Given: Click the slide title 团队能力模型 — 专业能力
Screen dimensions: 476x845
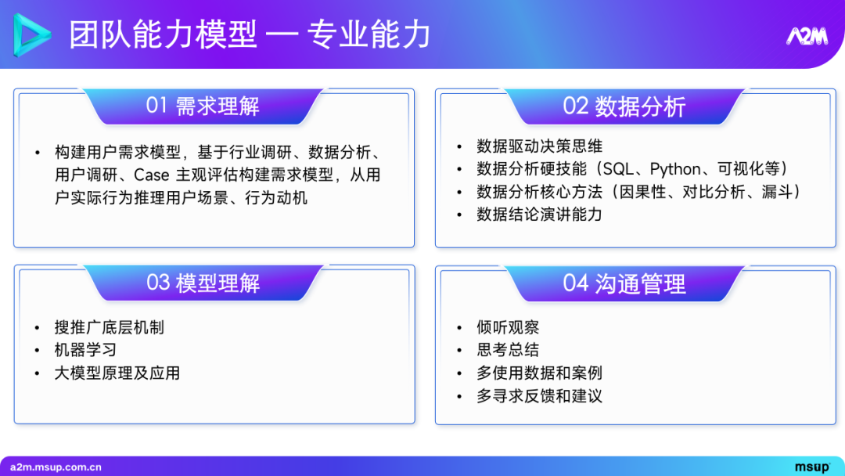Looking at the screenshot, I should pos(250,35).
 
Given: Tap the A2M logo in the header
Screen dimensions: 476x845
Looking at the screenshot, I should pos(806,37).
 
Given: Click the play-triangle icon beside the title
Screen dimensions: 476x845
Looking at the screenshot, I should pos(32,35).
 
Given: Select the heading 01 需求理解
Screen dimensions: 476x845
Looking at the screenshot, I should pos(203,106).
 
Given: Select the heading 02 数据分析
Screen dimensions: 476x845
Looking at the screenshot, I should pos(624,106).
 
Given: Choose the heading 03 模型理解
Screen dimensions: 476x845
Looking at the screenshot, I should pos(203,283).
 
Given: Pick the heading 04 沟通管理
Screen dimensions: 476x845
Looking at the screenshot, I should pos(624,283).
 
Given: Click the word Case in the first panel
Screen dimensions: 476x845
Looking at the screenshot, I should pos(151,175).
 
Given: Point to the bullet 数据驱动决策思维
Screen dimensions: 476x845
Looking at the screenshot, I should pos(539,146).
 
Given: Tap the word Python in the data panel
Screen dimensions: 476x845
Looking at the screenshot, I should pos(675,169).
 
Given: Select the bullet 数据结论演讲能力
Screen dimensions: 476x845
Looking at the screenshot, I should pos(539,215).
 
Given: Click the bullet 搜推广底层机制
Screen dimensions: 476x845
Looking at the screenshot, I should pos(109,327).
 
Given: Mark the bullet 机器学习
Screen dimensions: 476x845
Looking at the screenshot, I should pos(85,350).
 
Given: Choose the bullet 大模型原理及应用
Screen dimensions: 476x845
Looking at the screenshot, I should pos(117,373).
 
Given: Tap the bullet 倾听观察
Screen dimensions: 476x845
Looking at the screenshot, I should pos(508,327).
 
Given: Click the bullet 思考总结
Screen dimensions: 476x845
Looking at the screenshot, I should pos(508,350).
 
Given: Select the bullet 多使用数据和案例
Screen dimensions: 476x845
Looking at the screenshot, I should pos(539,373).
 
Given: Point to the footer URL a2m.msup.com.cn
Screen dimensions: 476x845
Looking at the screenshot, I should pos(56,467).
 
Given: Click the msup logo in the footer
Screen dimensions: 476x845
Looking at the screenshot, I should pos(812,467).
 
